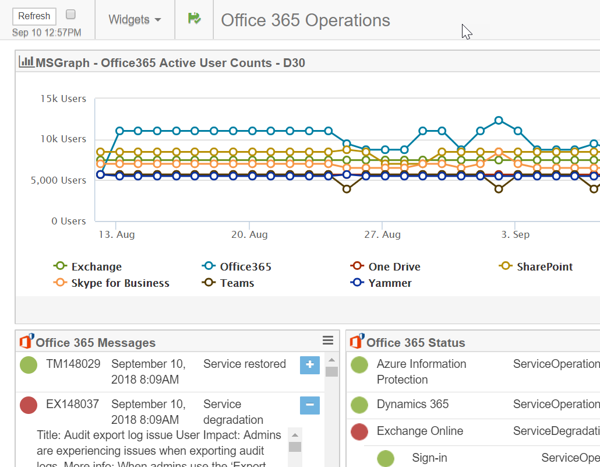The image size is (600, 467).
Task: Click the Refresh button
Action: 34,16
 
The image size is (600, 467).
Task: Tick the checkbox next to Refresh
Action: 70,14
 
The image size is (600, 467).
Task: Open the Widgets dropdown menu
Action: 135,20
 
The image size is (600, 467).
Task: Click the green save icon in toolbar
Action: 194,19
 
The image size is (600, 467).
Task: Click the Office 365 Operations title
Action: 305,20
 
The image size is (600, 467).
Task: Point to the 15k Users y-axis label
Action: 63,99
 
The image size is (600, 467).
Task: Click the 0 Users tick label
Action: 69,221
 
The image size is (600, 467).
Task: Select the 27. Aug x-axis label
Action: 382,234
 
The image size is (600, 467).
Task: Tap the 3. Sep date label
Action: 515,234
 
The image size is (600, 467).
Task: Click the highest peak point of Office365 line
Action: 499,121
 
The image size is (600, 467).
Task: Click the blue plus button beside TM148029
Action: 309,365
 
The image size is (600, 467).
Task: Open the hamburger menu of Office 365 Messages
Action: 328,341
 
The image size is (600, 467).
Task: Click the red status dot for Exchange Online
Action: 359,432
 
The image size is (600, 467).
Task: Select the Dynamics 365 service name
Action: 412,404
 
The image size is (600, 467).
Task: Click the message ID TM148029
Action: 73,364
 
